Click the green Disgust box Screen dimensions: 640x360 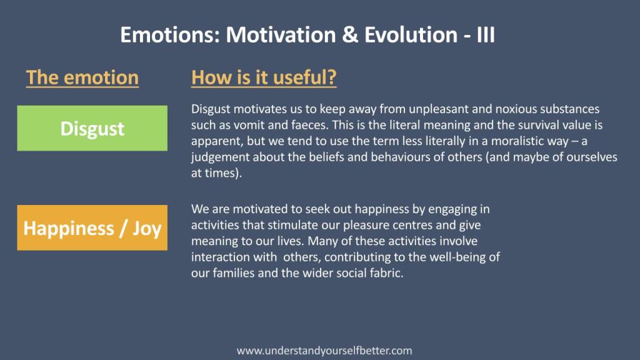pyautogui.click(x=92, y=128)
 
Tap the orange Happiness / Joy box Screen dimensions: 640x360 pyautogui.click(x=92, y=227)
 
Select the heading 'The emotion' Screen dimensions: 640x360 pyautogui.click(x=82, y=77)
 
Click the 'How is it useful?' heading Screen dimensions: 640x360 pyautogui.click(x=264, y=77)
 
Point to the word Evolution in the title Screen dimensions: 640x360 pyautogui.click(x=411, y=35)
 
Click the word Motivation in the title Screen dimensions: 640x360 pyautogui.click(x=281, y=35)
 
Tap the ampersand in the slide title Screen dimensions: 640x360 pyautogui.click(x=350, y=35)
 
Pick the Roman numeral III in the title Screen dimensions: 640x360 pyautogui.click(x=486, y=35)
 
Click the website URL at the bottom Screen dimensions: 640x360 pyautogui.click(x=324, y=351)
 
